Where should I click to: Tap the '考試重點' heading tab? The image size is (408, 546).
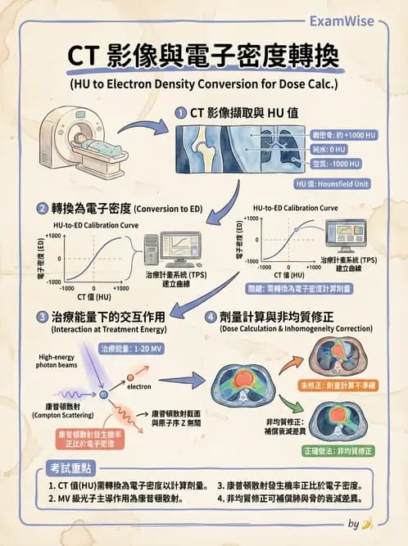pos(66,467)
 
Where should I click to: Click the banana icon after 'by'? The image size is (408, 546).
pos(368,523)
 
